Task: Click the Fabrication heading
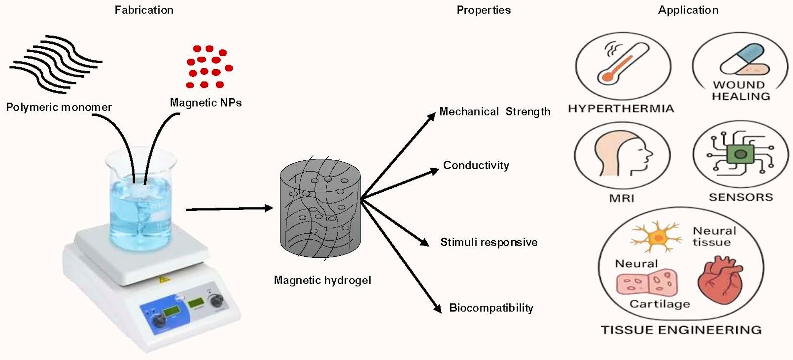144,10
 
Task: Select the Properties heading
483,10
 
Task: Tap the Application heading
688,10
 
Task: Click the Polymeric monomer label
59,107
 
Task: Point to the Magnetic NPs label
206,103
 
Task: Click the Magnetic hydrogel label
322,280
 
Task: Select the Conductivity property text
476,165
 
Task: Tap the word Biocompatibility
491,308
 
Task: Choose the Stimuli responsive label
489,242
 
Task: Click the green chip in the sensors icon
740,154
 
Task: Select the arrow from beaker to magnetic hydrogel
229,209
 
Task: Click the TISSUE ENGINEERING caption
681,330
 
